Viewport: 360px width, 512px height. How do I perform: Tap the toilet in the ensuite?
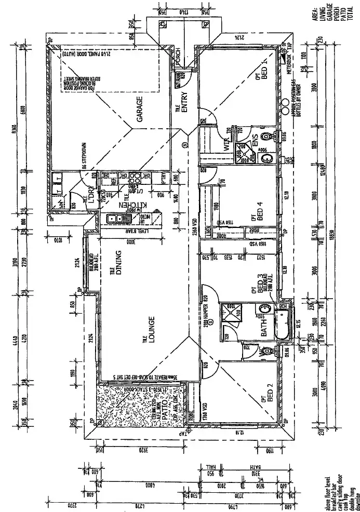pyautogui.click(x=267, y=137)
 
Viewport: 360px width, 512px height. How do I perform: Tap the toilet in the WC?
pyautogui.click(x=267, y=352)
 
